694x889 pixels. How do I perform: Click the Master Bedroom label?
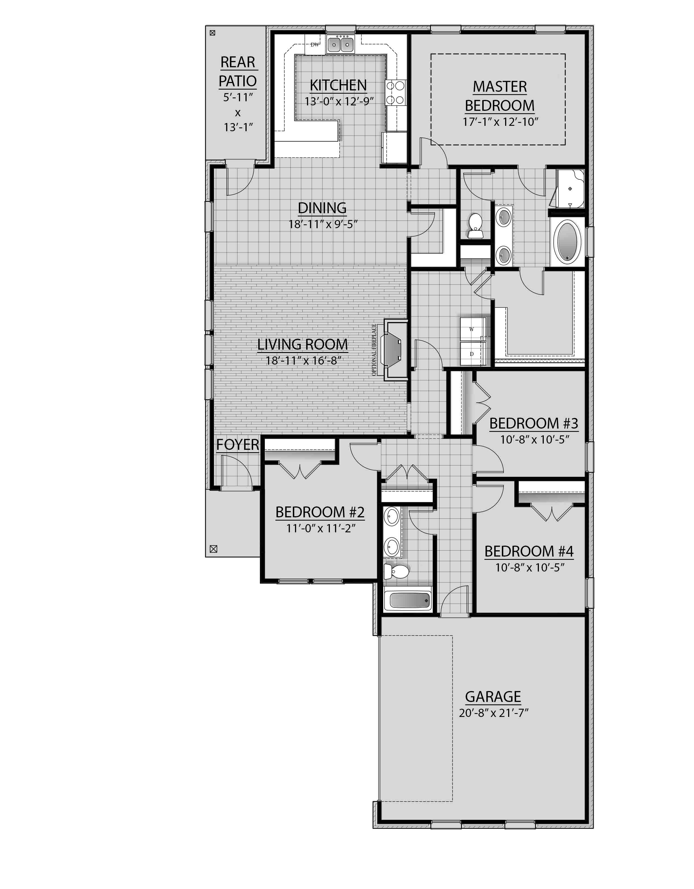pyautogui.click(x=500, y=96)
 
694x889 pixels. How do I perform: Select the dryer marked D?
pyautogui.click(x=472, y=354)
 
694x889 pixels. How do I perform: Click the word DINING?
pyautogui.click(x=322, y=208)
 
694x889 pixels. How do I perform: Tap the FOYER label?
pyautogui.click(x=238, y=445)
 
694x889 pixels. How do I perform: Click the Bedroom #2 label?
pyautogui.click(x=320, y=512)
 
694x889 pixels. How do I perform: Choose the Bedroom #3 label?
pyautogui.click(x=533, y=423)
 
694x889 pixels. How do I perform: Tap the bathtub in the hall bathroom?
pyautogui.click(x=408, y=600)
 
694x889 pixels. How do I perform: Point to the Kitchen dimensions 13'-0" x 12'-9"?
pyautogui.click(x=339, y=101)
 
